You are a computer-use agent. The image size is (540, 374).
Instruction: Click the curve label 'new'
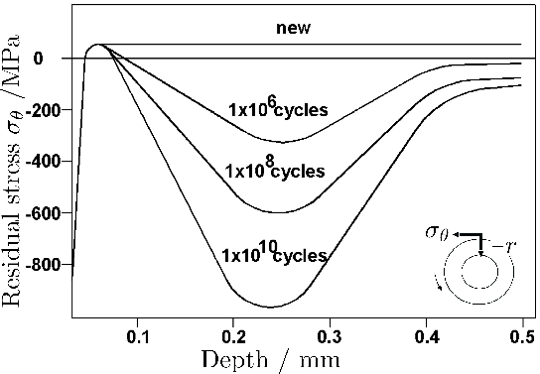(x=294, y=28)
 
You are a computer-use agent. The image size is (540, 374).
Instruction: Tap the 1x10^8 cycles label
(x=275, y=171)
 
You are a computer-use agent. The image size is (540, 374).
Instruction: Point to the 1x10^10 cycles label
(x=275, y=255)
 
